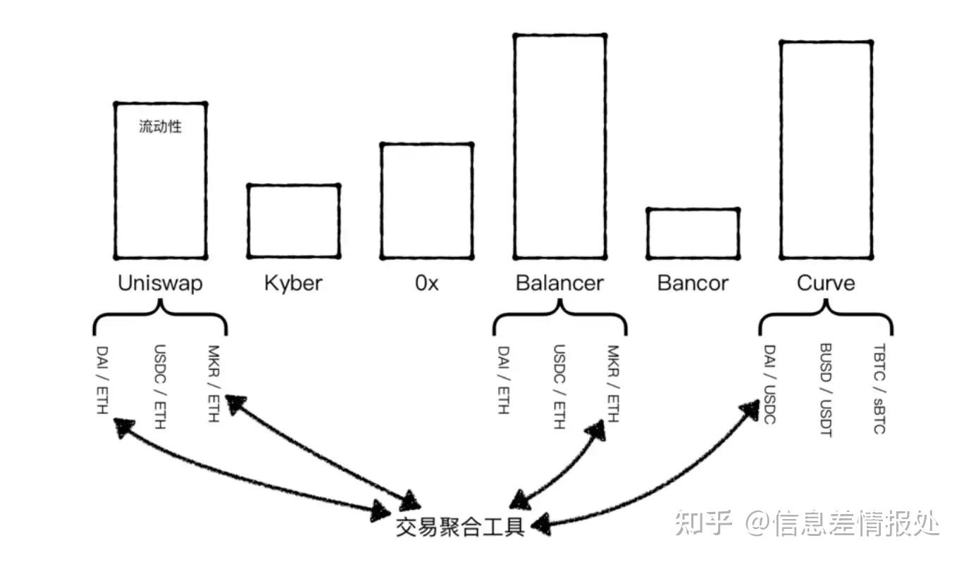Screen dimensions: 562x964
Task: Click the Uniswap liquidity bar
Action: click(161, 180)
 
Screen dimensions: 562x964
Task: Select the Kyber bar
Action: click(293, 220)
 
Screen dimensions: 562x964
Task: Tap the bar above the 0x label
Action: click(426, 201)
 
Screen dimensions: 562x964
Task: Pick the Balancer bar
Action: click(560, 146)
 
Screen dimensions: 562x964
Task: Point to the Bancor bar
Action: click(693, 233)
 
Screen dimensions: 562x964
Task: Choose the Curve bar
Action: click(826, 149)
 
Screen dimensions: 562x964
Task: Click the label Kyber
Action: click(293, 283)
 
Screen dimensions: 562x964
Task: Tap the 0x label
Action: click(426, 283)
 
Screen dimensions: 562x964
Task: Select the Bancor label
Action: click(693, 283)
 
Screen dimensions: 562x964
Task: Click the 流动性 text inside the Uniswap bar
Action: click(161, 127)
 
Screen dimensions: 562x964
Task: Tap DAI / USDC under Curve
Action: click(769, 385)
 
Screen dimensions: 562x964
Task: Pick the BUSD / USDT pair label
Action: click(826, 389)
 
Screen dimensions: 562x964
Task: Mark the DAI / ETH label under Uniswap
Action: click(104, 379)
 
